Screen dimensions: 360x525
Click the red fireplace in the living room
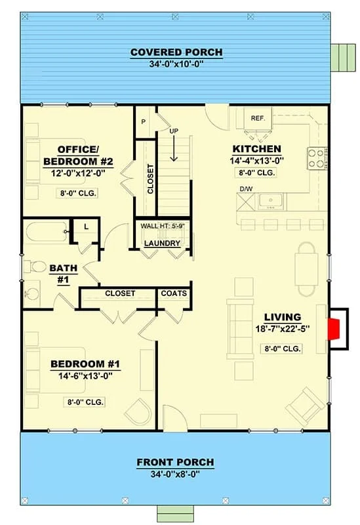[x=334, y=329]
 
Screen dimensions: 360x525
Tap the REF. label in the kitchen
[x=258, y=118]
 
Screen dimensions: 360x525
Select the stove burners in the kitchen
[x=317, y=158]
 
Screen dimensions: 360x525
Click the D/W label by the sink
[x=246, y=189]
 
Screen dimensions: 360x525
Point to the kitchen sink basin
[x=271, y=201]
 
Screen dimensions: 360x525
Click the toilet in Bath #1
[x=35, y=267]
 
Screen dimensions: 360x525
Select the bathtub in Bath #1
[x=47, y=232]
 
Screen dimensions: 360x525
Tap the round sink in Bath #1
[x=32, y=293]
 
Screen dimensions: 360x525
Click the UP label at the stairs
[x=174, y=131]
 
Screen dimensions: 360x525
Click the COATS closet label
[x=174, y=293]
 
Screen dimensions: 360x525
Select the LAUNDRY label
[x=162, y=243]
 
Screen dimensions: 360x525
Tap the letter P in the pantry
[x=144, y=122]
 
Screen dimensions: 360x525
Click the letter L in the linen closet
[x=87, y=226]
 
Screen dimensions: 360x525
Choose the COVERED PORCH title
[x=176, y=52]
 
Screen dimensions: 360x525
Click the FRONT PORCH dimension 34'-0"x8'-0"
[x=175, y=474]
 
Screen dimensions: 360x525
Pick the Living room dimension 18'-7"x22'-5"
[x=283, y=329]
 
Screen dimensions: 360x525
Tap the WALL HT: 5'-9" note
[x=163, y=226]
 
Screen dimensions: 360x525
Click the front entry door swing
[x=174, y=417]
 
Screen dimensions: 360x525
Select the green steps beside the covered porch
[x=343, y=57]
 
